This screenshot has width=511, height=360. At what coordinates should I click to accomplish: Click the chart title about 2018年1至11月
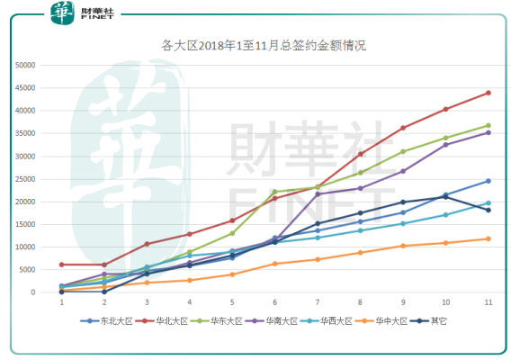(x=264, y=45)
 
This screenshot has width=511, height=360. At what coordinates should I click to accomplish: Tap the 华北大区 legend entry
(x=162, y=321)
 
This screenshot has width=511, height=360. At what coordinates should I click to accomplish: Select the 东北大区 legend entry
(x=106, y=321)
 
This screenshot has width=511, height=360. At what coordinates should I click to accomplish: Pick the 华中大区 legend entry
(x=381, y=321)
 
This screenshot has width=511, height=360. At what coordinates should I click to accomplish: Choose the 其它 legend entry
(x=428, y=321)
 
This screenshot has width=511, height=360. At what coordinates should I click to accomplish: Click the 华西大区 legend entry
(x=327, y=321)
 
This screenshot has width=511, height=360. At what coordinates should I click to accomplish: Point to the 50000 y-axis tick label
(x=25, y=65)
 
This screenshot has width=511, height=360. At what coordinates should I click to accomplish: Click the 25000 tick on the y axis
(x=25, y=179)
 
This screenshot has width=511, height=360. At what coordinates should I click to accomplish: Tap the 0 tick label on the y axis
(x=33, y=292)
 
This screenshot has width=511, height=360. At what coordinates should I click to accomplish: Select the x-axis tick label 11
(x=489, y=302)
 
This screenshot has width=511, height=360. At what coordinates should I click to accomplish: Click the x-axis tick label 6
(x=274, y=302)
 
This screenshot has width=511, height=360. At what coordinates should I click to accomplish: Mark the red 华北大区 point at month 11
(x=489, y=93)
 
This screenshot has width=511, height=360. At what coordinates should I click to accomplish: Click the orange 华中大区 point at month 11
(x=489, y=239)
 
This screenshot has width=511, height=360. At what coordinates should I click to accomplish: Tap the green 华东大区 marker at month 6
(x=274, y=192)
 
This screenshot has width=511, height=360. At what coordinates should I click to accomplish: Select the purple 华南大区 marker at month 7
(x=318, y=194)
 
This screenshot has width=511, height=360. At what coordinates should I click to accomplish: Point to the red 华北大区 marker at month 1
(x=61, y=265)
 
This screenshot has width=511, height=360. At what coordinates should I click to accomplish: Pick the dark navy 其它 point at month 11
(x=489, y=211)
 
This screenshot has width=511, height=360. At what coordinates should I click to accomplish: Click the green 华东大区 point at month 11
(x=489, y=125)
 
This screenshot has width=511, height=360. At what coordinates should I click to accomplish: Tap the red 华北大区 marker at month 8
(x=360, y=154)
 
